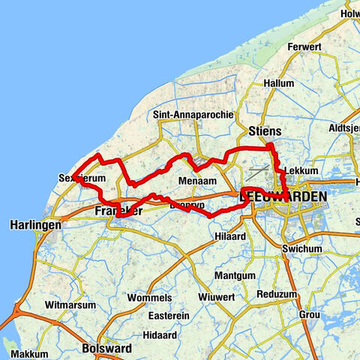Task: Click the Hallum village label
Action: (x=279, y=84)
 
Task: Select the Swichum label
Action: (x=301, y=248)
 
